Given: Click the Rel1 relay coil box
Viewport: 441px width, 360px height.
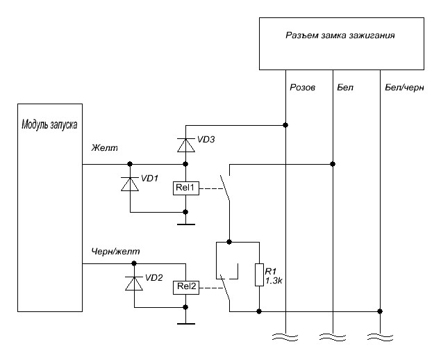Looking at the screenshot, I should point(186,188).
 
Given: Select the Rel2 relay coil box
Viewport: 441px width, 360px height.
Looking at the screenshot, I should point(186,286).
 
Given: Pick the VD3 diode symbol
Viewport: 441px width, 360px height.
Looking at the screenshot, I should point(185,145).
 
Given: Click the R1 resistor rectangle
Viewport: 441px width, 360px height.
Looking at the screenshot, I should point(259,275).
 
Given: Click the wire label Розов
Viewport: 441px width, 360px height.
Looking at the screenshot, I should point(302,89).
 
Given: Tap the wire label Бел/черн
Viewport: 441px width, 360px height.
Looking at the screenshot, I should point(403,89).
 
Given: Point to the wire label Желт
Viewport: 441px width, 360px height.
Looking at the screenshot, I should point(106,148).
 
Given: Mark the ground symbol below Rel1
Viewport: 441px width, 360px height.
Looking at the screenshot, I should point(185,224).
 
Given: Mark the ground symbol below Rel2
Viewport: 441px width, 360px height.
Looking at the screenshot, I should point(185,322).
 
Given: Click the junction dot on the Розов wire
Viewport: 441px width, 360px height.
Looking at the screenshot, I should point(285,125).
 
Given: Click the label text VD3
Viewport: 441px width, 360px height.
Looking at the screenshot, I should point(206,140).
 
